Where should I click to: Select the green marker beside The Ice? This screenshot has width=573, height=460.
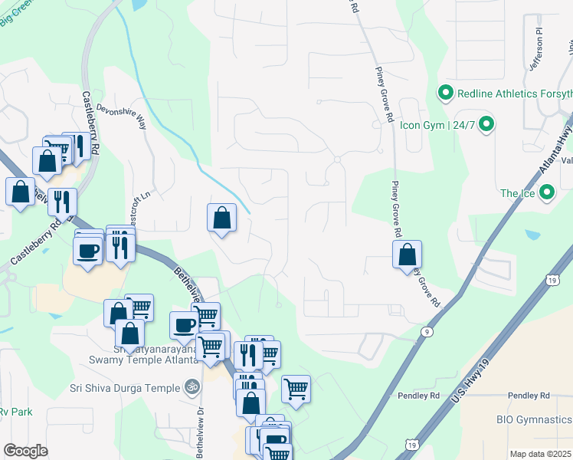pyautogui.click(x=546, y=192)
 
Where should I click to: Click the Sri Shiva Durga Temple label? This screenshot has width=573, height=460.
pyautogui.click(x=126, y=388)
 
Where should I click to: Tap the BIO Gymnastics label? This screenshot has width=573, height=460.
pyautogui.click(x=534, y=419)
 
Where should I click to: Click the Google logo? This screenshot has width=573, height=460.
pyautogui.click(x=25, y=450)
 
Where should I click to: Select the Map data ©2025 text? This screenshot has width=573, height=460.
pyautogui.click(x=541, y=453)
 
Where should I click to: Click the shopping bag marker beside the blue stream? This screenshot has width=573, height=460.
pyautogui.click(x=221, y=218)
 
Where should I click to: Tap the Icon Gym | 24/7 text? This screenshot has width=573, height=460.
pyautogui.click(x=437, y=123)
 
